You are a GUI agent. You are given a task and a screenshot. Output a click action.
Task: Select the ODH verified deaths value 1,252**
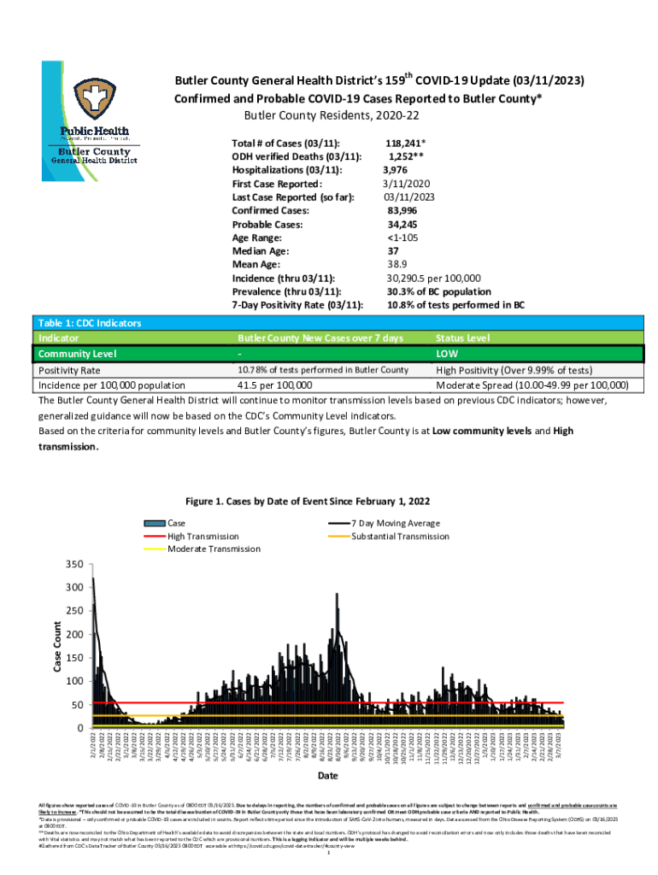click(408, 156)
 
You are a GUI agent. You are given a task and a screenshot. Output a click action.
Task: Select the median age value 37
click(393, 251)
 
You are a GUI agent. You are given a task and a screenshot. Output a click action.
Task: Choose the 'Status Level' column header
click(462, 338)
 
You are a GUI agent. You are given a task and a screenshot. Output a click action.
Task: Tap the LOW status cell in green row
click(448, 354)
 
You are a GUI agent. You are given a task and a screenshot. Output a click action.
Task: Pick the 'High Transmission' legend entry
click(203, 536)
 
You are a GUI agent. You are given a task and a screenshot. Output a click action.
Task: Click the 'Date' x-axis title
click(327, 776)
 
